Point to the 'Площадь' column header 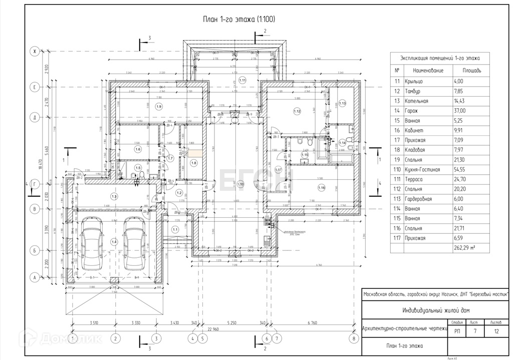pos(469,71)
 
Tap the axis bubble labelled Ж pos(35,51)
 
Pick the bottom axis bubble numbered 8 pos(354,339)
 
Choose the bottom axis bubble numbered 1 pos(73,339)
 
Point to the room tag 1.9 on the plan pos(159,107)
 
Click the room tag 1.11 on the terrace pos(242,80)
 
